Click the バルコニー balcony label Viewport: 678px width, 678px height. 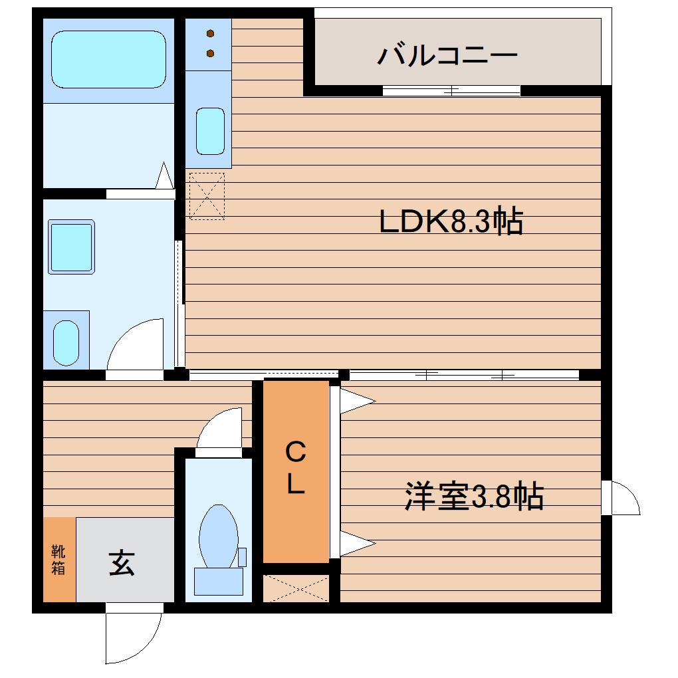[447, 55]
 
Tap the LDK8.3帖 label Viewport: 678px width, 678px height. [451, 221]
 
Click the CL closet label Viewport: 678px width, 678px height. [296, 468]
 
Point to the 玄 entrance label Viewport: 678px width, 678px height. [122, 562]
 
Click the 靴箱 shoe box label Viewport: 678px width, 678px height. [58, 560]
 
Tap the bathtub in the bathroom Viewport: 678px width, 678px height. [108, 59]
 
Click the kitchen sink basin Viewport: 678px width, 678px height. [210, 131]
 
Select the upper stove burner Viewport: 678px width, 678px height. [211, 33]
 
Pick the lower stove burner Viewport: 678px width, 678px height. [211, 53]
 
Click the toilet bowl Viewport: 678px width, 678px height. [219, 536]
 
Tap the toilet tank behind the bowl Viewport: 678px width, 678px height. [219, 581]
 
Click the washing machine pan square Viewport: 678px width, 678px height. [71, 247]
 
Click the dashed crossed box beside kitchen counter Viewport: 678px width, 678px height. [207, 196]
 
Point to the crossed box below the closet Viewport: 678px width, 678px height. [296, 588]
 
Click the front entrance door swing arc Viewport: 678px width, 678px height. [152, 646]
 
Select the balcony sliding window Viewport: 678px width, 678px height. [451, 91]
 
